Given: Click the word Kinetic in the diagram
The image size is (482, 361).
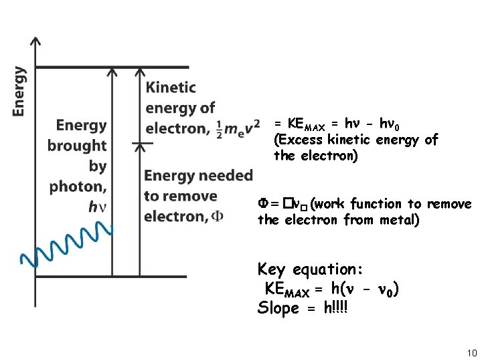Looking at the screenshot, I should point(171,88).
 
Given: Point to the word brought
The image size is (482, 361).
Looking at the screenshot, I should point(77,145).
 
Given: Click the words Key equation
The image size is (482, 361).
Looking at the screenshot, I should point(311,269).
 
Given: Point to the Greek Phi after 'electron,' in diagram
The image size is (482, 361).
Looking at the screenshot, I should point(218,217).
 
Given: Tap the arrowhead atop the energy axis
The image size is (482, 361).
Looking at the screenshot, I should point(35,42).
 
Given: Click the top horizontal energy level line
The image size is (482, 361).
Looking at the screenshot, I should point(112,67).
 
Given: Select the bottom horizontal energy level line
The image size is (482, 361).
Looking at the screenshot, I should point(112,276).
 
